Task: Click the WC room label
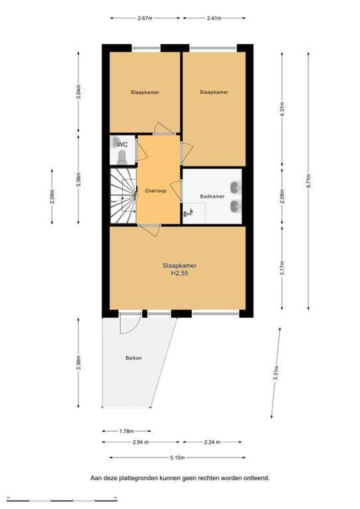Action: pyautogui.click(x=123, y=145)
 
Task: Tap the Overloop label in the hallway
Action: pyautogui.click(x=155, y=191)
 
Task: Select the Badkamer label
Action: pyautogui.click(x=213, y=197)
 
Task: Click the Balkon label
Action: pyautogui.click(x=133, y=358)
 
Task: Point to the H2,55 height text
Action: pyautogui.click(x=180, y=273)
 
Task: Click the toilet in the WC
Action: pyautogui.click(x=122, y=156)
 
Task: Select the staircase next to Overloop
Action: pyautogui.click(x=123, y=196)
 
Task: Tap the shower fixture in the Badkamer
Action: pyautogui.click(x=188, y=213)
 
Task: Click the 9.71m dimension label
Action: pyautogui.click(x=308, y=181)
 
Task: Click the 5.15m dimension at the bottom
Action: pyautogui.click(x=177, y=458)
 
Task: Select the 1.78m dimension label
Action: pyautogui.click(x=126, y=431)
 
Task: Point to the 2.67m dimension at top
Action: pyautogui.click(x=145, y=18)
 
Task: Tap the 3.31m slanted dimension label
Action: pyautogui.click(x=276, y=373)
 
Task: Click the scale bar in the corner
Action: pyautogui.click(x=62, y=499)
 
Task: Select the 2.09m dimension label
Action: pyautogui.click(x=52, y=197)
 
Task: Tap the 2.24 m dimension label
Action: pyautogui.click(x=213, y=442)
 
